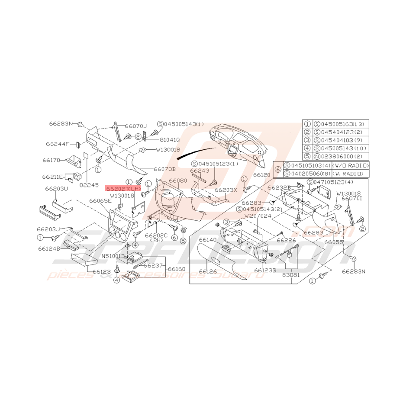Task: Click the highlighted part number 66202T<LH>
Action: coord(123,189)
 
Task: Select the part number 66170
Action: coord(51,160)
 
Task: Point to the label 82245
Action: coord(90,184)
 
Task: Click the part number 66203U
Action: coord(56,189)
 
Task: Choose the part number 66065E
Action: coord(100,201)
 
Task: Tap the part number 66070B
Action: coord(164,169)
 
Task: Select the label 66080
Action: coord(177,181)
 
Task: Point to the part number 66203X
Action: coord(226,190)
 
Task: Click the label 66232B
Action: coord(279,188)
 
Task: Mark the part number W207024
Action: coord(258,216)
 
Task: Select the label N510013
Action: coord(113,256)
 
